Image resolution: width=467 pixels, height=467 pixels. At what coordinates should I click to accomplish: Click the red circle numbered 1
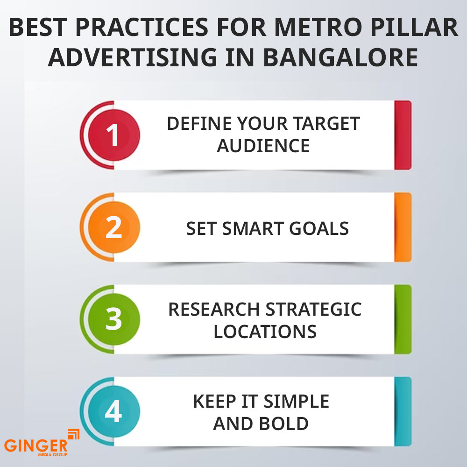(114, 135)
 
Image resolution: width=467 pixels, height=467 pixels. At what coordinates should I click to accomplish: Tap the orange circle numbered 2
(114, 227)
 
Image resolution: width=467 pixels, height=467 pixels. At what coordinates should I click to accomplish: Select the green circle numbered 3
(114, 319)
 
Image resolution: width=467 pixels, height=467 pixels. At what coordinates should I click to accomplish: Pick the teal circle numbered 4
(114, 411)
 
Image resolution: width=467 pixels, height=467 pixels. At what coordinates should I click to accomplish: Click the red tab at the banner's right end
(403, 135)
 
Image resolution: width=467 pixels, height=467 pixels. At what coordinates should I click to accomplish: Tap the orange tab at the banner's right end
(403, 227)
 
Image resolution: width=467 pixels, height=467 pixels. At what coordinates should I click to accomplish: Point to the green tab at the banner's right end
(403, 319)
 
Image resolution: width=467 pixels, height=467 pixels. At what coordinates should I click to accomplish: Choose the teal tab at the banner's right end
(403, 411)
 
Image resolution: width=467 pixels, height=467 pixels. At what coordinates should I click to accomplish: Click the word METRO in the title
(318, 28)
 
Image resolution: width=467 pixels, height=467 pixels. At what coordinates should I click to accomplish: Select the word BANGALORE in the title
(340, 57)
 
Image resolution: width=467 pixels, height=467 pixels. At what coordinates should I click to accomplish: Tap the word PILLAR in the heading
(414, 28)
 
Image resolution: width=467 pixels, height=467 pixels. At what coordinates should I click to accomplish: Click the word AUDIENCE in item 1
(263, 146)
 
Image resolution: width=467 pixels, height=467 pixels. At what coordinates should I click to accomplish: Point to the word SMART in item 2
(252, 228)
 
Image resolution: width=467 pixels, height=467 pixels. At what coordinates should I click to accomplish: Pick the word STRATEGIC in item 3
(313, 309)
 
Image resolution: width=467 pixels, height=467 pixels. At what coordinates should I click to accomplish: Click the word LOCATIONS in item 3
(265, 332)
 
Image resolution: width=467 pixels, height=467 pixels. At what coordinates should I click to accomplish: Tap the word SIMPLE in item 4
(297, 401)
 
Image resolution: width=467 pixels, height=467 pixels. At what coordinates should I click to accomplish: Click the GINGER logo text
(36, 446)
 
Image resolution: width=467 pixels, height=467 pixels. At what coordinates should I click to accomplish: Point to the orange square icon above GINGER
(74, 434)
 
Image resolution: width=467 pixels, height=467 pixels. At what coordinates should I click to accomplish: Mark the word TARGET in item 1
(327, 124)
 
